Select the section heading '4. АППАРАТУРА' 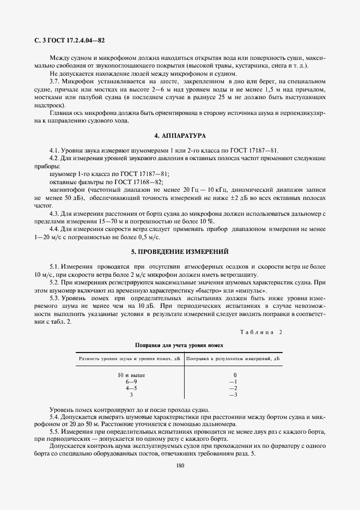click(x=179, y=135)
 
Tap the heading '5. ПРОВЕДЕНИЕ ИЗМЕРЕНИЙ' click(x=179, y=252)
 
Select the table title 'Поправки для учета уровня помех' click(x=179, y=345)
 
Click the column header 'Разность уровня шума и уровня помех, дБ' click(x=130, y=359)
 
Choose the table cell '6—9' click(x=131, y=381)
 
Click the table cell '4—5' click(x=131, y=388)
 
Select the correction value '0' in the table click(x=235, y=375)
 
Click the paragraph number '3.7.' click(x=55, y=81)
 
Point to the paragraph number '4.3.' click(x=55, y=214)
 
